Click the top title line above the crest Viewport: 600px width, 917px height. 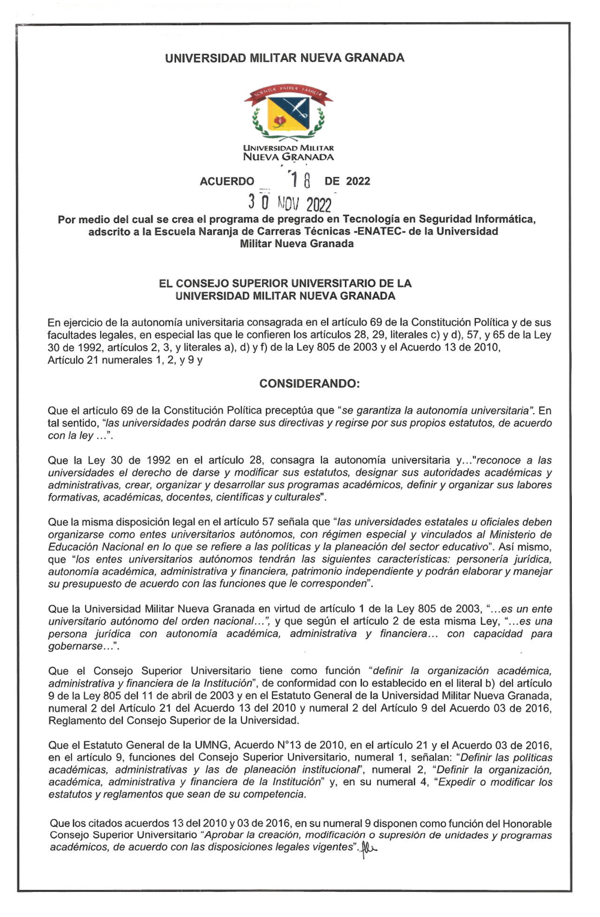click(x=284, y=58)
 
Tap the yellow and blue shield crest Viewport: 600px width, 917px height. click(x=289, y=115)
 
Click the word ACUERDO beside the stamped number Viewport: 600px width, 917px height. click(x=227, y=182)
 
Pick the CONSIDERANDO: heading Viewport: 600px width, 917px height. click(x=309, y=384)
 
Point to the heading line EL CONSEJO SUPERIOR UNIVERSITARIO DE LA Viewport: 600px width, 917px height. click(x=285, y=284)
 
